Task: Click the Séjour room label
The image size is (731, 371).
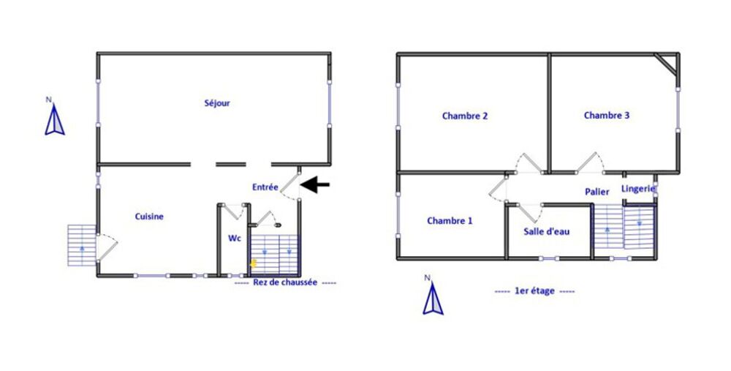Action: point(217,104)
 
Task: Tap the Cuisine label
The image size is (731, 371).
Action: point(149,217)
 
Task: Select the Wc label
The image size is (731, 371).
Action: point(234,239)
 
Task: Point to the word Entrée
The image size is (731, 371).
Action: point(265,187)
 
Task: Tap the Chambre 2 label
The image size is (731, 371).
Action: point(465,116)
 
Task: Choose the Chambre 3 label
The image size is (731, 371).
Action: point(607,116)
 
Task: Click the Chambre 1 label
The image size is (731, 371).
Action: point(450,221)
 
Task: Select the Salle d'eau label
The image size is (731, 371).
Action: point(546,231)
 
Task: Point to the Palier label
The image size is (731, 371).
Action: point(597,192)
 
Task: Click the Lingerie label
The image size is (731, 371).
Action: point(638,189)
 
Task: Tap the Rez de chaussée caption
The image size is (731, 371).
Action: point(285,283)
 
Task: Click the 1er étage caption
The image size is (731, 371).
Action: point(534,291)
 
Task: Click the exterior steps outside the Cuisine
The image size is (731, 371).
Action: point(81,245)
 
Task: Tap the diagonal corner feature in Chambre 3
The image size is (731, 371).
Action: point(667,64)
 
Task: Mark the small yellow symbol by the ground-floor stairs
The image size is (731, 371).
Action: point(254,262)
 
